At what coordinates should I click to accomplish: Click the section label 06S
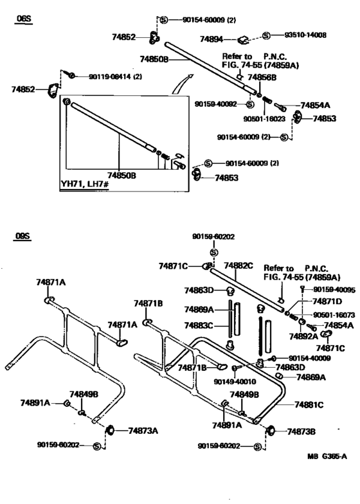tap(24, 20)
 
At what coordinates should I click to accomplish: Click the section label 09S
tap(23, 237)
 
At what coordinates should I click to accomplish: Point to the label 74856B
tap(262, 78)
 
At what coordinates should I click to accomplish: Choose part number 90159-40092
tap(216, 104)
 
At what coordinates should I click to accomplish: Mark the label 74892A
tap(304, 336)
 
